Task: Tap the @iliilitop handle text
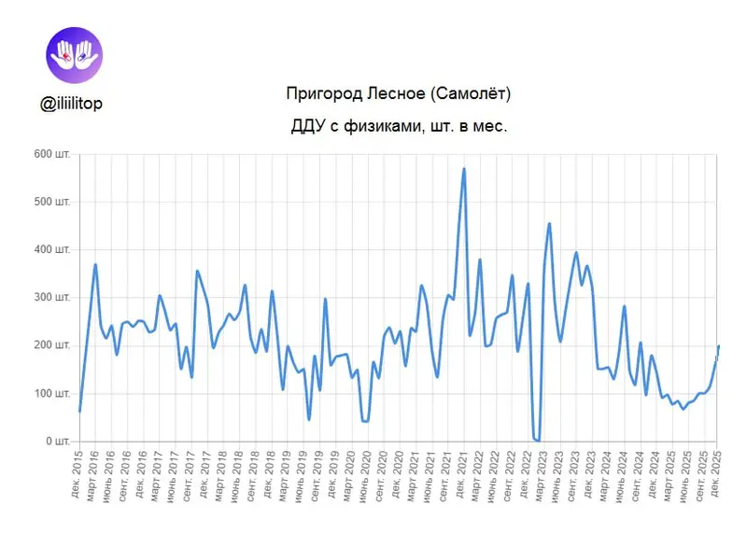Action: (x=72, y=104)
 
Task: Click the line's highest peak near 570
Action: (x=464, y=169)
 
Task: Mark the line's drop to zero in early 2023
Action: (x=537, y=440)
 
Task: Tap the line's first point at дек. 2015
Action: (x=80, y=411)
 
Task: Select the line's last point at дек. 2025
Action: (x=718, y=346)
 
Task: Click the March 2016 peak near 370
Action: (x=95, y=264)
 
